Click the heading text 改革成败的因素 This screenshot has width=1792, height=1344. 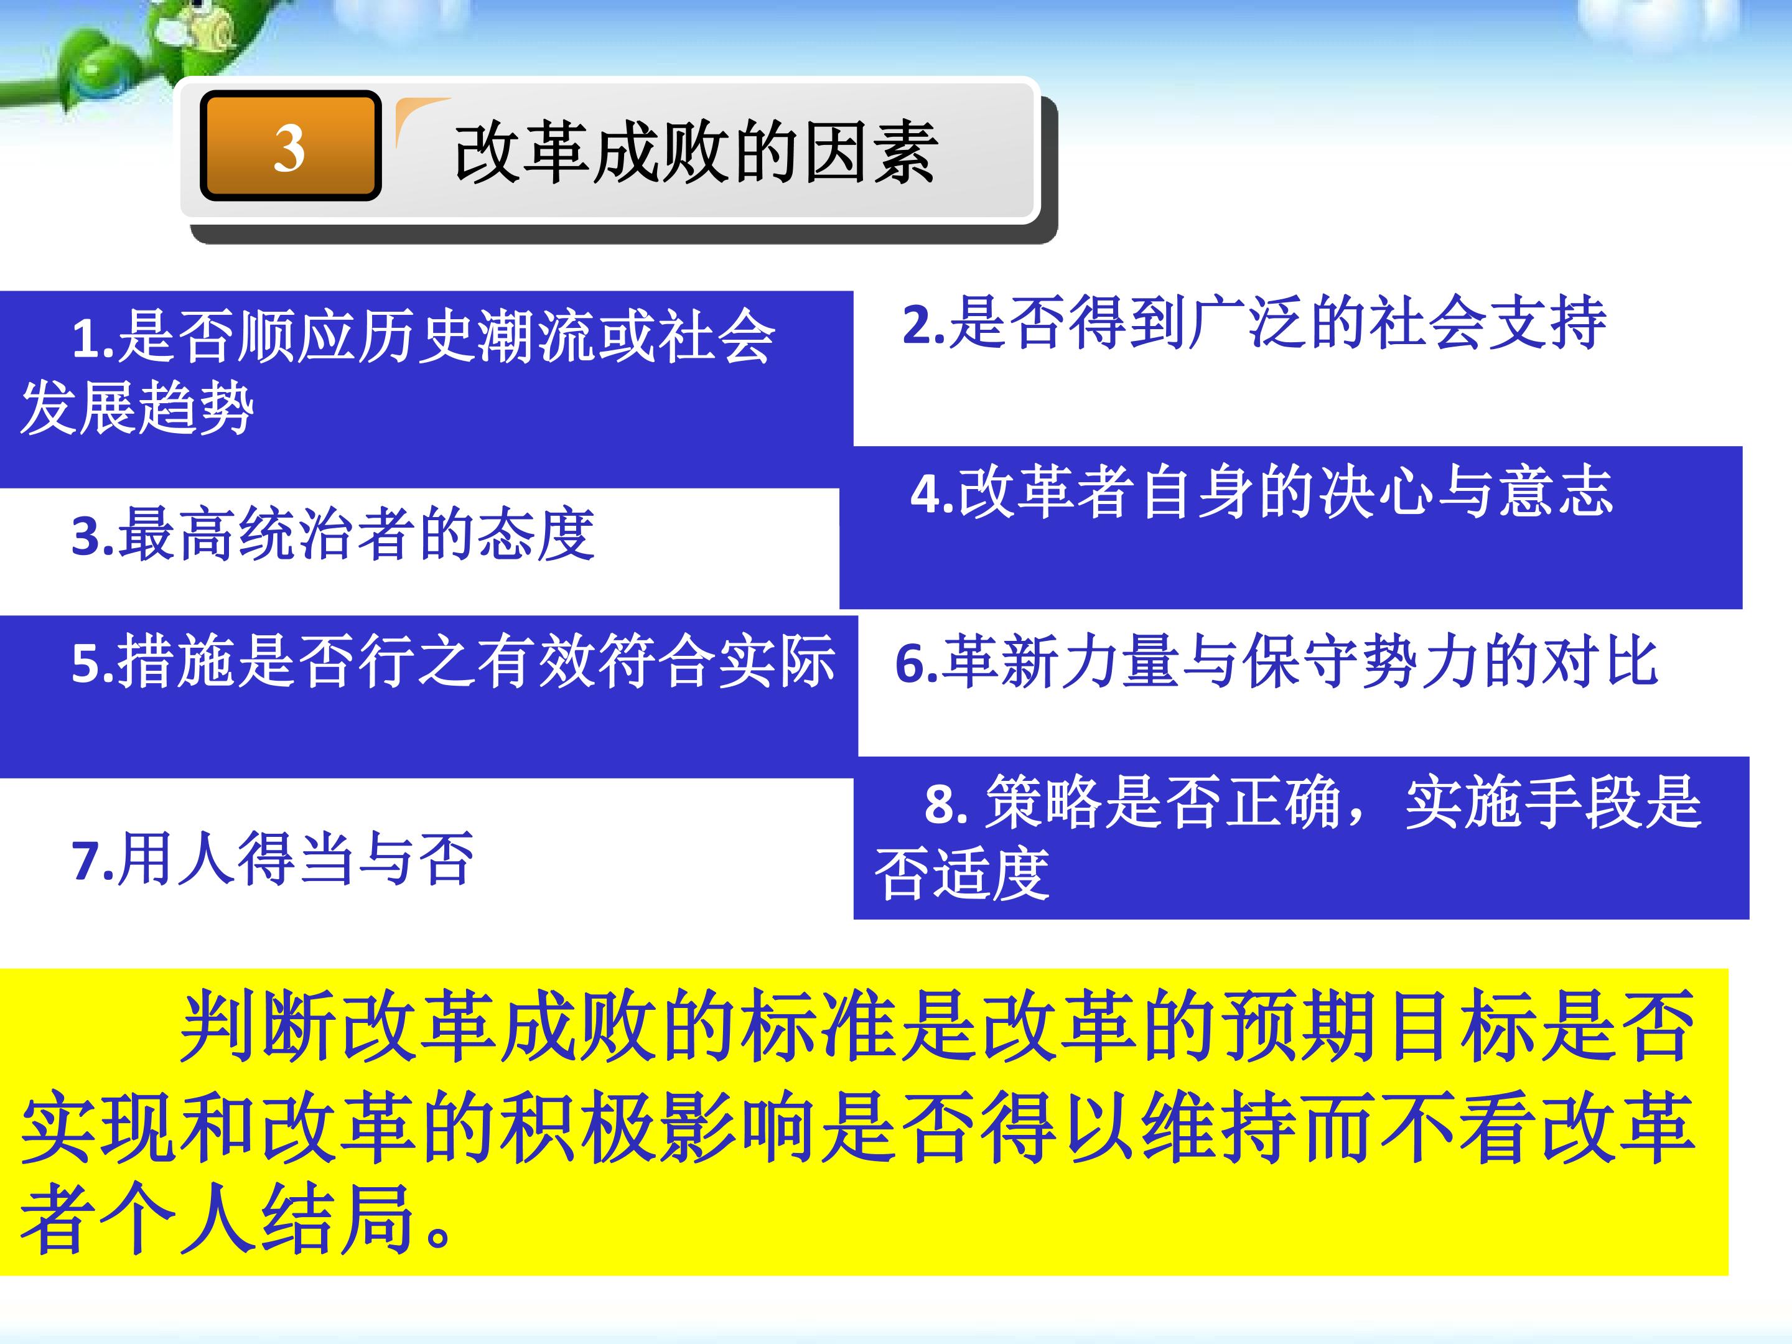coord(695,152)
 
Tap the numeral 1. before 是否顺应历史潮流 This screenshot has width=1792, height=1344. coord(93,338)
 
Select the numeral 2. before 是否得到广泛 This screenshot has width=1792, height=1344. coord(923,325)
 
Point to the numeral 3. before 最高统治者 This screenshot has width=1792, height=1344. coord(93,536)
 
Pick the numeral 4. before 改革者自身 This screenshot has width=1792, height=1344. coord(931,493)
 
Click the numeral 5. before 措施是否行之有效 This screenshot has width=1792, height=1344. coord(93,663)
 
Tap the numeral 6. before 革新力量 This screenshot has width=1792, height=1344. coord(917,663)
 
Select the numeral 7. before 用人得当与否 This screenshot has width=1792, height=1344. coord(93,861)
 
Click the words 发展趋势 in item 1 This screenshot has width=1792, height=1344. coord(138,408)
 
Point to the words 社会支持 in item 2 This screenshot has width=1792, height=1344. coord(1486,323)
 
